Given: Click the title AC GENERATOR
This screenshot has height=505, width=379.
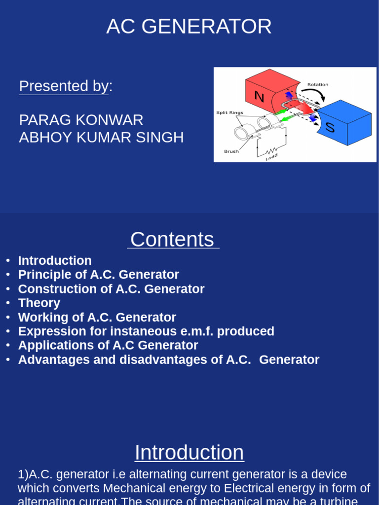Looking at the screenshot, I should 189,27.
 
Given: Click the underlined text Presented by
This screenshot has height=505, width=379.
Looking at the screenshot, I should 64,86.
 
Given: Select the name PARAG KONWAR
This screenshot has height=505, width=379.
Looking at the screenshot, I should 81,120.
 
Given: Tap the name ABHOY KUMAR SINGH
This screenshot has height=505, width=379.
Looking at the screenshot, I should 101,138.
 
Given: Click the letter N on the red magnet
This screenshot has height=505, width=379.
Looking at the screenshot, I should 259,96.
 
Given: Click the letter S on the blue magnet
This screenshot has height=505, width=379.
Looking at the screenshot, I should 330,128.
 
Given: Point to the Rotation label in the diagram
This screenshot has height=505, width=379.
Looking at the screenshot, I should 317,84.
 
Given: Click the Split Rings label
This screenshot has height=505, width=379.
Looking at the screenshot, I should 229,112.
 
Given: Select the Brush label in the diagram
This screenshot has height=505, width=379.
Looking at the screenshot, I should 231,151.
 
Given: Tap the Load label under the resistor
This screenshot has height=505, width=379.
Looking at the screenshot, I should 271,157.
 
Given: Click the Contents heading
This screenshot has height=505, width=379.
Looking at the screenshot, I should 172,240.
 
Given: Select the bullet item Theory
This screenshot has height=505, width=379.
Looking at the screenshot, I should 39,303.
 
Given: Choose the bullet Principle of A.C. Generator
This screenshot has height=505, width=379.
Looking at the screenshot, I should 98,275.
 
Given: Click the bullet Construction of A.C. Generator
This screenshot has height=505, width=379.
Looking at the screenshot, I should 111,289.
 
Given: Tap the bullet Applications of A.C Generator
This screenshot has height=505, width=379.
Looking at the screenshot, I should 108,346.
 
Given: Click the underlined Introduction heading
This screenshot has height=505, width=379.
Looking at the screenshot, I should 189,453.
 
